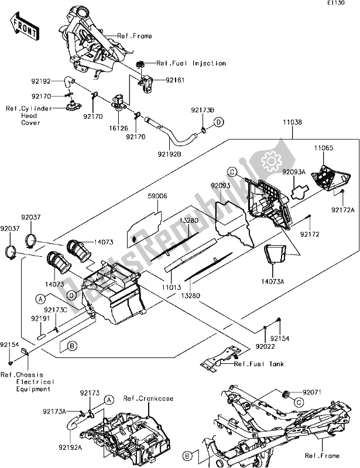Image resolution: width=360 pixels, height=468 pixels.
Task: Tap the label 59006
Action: (x=157, y=197)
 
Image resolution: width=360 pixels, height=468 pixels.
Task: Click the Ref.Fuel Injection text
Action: (x=191, y=63)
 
